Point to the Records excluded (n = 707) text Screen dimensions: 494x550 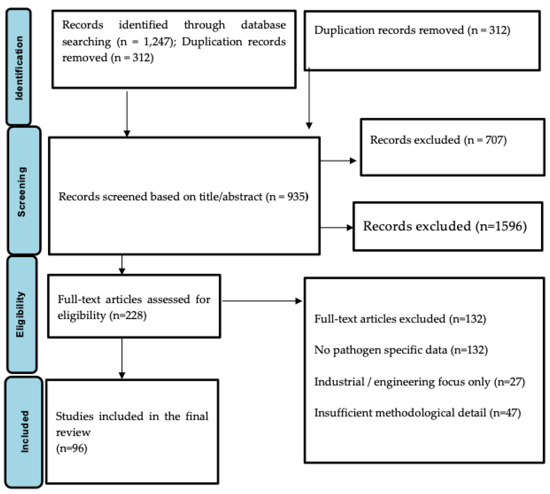pyautogui.click(x=438, y=140)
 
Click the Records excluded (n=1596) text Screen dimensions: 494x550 pyautogui.click(x=445, y=226)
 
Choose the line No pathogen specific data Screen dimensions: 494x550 pyautogui.click(x=401, y=350)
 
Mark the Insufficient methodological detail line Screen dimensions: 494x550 pyautogui.click(x=417, y=413)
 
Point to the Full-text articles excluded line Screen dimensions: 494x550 pyautogui.click(x=400, y=319)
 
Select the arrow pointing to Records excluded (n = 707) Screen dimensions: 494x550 pyautogui.click(x=338, y=161)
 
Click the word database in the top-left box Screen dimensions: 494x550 pyautogui.click(x=263, y=25)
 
